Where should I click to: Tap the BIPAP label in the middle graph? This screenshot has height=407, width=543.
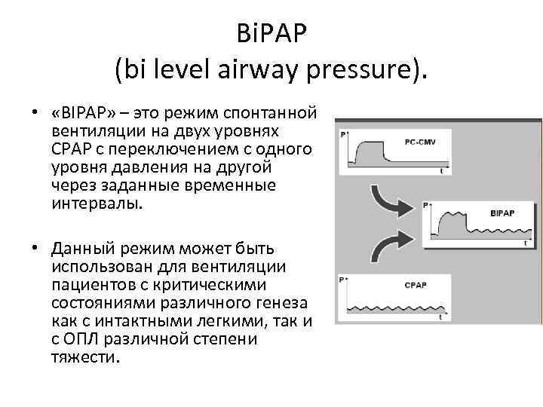pos(502,213)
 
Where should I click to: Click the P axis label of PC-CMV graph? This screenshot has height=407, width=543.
pos(343,134)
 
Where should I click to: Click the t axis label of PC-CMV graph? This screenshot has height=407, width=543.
pos(441,172)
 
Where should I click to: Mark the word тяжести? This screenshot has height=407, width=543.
pos(85,357)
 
